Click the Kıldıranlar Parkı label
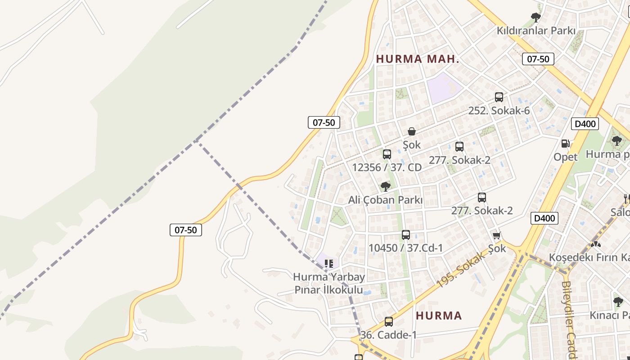536,31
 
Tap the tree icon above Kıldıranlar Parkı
535,18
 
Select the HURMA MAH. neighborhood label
418,59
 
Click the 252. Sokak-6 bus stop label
499,111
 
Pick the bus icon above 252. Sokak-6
499,97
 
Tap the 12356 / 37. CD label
387,167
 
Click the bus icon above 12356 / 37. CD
387,154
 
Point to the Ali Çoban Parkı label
385,200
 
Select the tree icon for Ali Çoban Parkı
385,186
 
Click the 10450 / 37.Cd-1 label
405,248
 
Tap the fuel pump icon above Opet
565,144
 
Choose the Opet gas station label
565,157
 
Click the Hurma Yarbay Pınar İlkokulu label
328,283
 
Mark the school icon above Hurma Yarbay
329,263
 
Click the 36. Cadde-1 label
388,335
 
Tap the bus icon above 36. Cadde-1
388,322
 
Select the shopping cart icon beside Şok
497,235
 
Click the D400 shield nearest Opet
585,124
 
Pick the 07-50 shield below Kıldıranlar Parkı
538,59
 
